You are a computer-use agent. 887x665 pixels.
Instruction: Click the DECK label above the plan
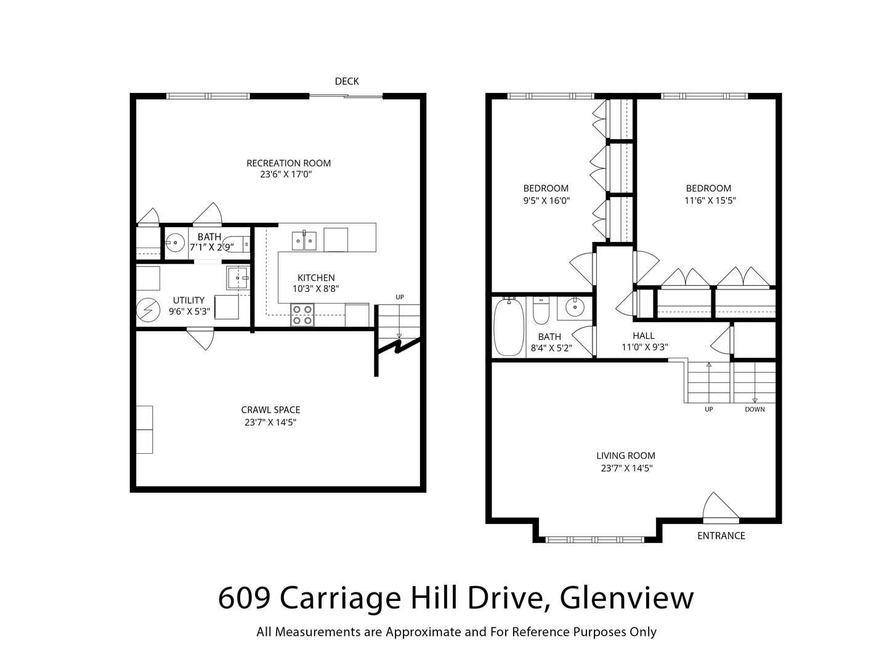pos(346,81)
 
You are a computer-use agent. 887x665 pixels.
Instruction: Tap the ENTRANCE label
pos(721,536)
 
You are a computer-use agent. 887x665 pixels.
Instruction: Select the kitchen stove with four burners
pos(302,315)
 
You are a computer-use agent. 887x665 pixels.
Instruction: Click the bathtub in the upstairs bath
pos(509,326)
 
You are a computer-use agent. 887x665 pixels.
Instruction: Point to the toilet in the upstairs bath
pos(541,310)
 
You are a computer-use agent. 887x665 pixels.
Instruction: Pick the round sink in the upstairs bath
pos(575,308)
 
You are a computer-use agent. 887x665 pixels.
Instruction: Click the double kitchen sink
pos(304,241)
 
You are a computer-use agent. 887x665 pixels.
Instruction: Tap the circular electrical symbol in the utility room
pos(148,310)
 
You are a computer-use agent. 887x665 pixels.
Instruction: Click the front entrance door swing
pos(721,507)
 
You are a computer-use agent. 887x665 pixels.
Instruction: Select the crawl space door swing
pos(200,339)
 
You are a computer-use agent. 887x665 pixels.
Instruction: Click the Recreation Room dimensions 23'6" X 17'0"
pos(286,174)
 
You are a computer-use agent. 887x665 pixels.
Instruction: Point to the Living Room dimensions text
pos(626,468)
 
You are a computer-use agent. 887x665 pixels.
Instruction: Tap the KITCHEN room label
pos(316,278)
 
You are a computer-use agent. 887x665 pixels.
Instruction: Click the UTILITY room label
pos(188,300)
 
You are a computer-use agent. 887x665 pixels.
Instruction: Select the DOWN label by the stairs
pos(755,409)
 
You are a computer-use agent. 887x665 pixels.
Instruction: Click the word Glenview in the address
pos(626,598)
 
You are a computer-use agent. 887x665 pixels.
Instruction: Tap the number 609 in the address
pos(244,598)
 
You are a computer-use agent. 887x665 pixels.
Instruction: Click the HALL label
pos(643,336)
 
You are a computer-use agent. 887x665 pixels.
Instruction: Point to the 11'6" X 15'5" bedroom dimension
pos(710,200)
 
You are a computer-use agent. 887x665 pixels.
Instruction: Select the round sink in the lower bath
pos(175,243)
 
